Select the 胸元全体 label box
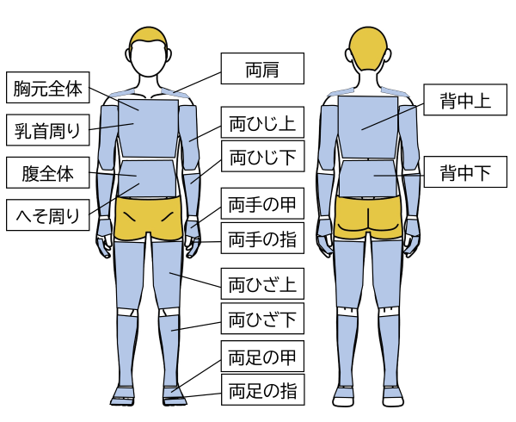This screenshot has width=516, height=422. coord(48,89)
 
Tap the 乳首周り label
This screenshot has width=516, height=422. coord(48,131)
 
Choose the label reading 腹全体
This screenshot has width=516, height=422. coord(48,174)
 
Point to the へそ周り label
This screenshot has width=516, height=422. coord(48,215)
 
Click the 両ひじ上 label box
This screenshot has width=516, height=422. coord(262,123)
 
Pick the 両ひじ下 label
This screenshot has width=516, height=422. coord(262,158)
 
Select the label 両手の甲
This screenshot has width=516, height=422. coord(262,205)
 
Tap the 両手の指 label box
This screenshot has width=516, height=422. coord(262,239)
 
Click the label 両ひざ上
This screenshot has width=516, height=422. coord(262,283)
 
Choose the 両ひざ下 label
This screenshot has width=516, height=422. coord(262,320)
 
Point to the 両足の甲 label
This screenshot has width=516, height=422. coord(262,356)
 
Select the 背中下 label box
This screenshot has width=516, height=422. coord(465,172)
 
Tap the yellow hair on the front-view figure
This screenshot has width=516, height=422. coord(148,38)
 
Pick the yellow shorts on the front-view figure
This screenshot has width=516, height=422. coord(148,219)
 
